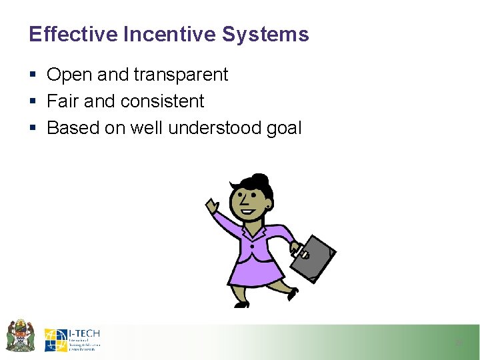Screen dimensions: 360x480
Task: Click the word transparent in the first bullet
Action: coord(181,75)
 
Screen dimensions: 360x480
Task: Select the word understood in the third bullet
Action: coord(215,128)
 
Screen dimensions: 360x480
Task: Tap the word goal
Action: coord(285,129)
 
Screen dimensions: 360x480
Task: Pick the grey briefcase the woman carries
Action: coord(314,255)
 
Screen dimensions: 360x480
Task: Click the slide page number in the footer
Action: coord(459,343)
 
